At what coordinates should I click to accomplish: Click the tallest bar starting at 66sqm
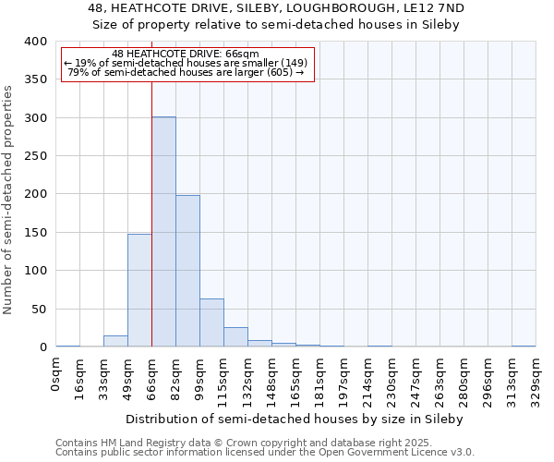(x=163, y=231)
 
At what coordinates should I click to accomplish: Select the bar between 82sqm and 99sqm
(x=187, y=271)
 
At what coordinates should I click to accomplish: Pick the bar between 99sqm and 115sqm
(x=211, y=322)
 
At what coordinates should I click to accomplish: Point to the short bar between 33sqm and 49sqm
(x=115, y=341)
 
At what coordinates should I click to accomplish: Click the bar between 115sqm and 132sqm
(x=235, y=337)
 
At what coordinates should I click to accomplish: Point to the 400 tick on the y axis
(x=35, y=42)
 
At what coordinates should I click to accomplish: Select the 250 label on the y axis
(x=35, y=156)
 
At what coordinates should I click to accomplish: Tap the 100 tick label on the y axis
(x=35, y=271)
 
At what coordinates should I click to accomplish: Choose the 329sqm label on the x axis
(x=536, y=378)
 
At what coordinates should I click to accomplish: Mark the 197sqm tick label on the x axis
(x=343, y=378)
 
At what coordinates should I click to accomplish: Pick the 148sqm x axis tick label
(x=271, y=378)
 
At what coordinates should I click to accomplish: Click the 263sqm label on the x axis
(x=440, y=378)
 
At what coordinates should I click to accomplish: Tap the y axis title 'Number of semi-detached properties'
(x=9, y=200)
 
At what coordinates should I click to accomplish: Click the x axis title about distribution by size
(x=295, y=419)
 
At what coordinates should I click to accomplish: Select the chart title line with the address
(x=277, y=8)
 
